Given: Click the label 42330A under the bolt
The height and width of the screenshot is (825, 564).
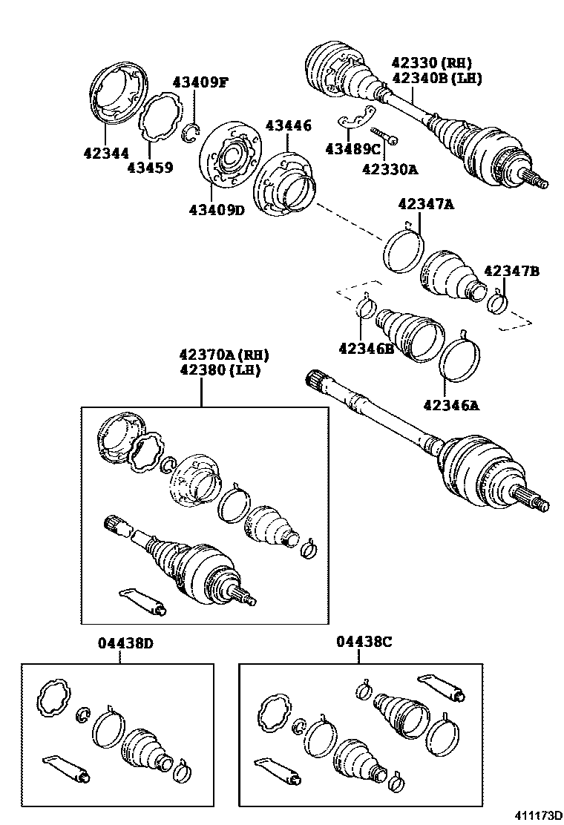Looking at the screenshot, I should pos(390,168).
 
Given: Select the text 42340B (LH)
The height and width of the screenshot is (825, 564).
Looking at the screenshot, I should pos(436,79).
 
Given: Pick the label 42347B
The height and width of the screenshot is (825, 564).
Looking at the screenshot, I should pos(511,272).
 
